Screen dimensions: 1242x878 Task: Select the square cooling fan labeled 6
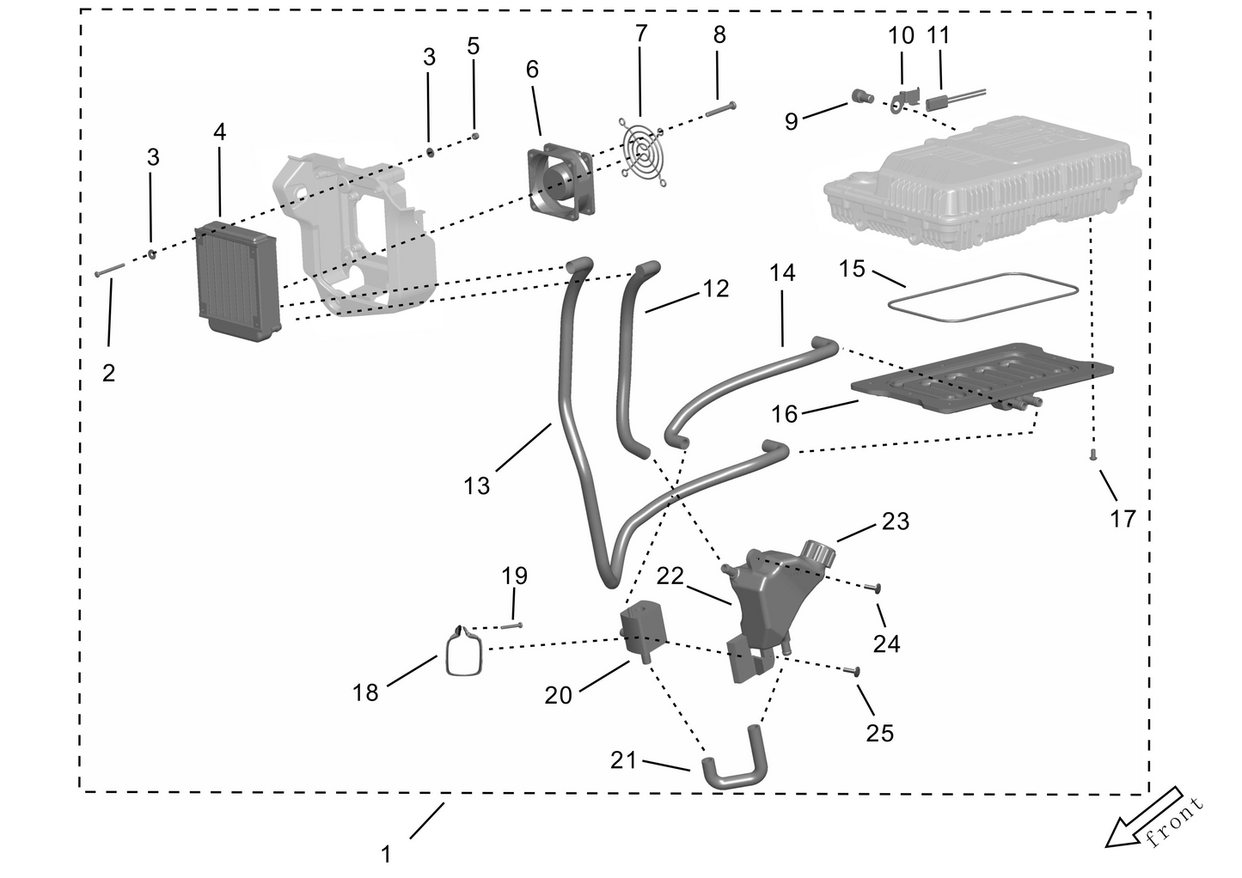(560, 180)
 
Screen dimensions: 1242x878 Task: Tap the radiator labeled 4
(237, 280)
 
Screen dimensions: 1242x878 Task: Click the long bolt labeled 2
(109, 270)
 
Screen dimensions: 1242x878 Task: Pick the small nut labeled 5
(475, 135)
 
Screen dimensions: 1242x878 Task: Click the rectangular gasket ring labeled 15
(983, 296)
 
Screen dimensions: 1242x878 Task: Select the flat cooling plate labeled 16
(982, 378)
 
